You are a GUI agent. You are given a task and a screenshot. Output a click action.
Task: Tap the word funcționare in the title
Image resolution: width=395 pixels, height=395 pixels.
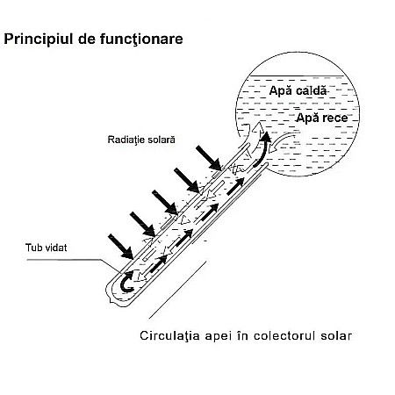click(140, 39)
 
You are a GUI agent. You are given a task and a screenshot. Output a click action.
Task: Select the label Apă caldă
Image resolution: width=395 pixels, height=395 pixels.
click(298, 90)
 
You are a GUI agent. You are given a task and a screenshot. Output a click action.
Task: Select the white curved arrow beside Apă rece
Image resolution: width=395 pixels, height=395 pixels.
click(283, 140)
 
